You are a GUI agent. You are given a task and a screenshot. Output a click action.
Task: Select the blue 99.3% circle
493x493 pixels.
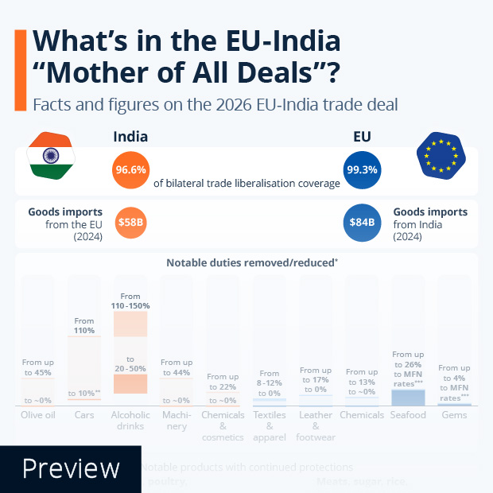pyautogui.click(x=362, y=170)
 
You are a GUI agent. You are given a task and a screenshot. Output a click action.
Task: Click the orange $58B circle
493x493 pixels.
pyautogui.click(x=130, y=223)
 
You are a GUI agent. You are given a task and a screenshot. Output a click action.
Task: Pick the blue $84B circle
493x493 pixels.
pyautogui.click(x=362, y=223)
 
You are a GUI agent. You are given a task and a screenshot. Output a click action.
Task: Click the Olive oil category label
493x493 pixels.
pyautogui.click(x=37, y=415)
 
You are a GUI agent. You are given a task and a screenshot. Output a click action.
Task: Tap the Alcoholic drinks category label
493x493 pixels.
pyautogui.click(x=130, y=421)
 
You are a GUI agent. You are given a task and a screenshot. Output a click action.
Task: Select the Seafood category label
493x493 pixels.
pyautogui.click(x=408, y=415)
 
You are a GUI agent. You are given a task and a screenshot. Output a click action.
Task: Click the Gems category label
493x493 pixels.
pyautogui.click(x=454, y=415)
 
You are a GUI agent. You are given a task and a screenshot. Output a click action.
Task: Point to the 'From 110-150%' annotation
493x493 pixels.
pyautogui.click(x=130, y=301)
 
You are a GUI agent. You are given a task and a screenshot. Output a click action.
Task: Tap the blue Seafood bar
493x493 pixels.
pyautogui.click(x=408, y=398)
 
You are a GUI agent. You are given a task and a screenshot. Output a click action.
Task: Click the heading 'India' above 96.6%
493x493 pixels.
pyautogui.click(x=130, y=137)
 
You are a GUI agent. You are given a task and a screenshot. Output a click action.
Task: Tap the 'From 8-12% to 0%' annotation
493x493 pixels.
pyautogui.click(x=270, y=382)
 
